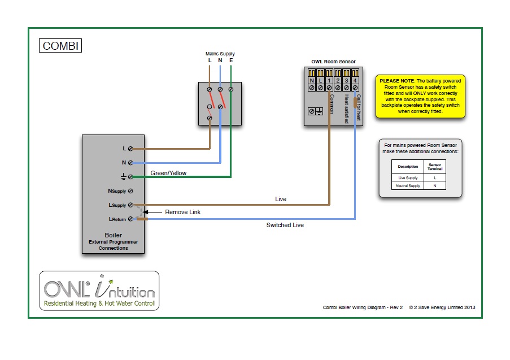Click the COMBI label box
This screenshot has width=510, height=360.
60,45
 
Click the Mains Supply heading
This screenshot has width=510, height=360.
220,53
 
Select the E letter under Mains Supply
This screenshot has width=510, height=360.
231,60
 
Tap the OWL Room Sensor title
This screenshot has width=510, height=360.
333,62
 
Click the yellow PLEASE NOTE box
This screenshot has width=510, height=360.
421,96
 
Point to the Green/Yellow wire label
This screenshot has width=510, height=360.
168,173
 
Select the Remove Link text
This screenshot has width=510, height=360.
182,212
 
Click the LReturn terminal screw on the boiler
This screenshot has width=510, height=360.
130,219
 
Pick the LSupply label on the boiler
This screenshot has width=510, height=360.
117,205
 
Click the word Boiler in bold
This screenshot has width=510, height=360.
113,235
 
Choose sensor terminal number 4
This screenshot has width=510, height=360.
355,81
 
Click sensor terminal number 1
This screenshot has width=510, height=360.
329,81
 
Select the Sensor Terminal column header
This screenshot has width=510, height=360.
434,166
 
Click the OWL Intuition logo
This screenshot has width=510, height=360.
99,290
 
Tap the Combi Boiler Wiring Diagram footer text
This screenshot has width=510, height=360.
362,307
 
